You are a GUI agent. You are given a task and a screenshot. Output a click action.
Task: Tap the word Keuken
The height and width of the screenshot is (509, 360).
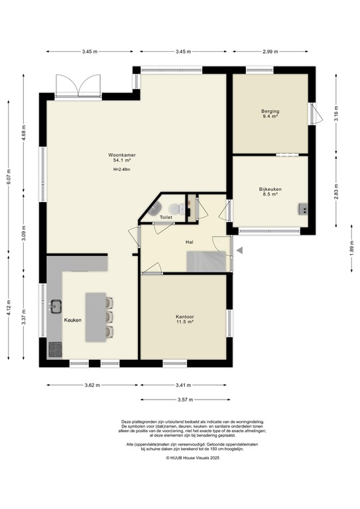click(x=72, y=320)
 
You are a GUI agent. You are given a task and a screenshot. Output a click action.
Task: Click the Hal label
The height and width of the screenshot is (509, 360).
click(x=189, y=242)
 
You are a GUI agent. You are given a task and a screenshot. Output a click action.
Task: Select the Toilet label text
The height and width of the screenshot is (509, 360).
click(x=166, y=217)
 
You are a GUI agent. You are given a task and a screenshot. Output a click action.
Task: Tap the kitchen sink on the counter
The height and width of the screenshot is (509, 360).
click(x=56, y=306)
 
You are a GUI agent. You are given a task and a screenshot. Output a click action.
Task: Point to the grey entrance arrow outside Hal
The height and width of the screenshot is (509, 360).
click(x=241, y=250)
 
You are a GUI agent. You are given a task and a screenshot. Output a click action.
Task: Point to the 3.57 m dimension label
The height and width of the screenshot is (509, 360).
click(x=183, y=400)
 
